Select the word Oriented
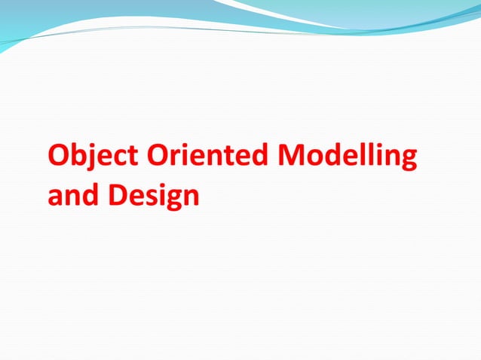[x=207, y=157]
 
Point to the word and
[x=72, y=196]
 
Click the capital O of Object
[x=59, y=157]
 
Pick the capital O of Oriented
[x=158, y=157]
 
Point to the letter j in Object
[x=93, y=160]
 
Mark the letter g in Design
[x=173, y=200]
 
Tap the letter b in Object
[x=79, y=157]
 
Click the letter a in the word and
[x=55, y=198]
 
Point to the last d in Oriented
[x=262, y=157]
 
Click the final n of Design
[x=191, y=198]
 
